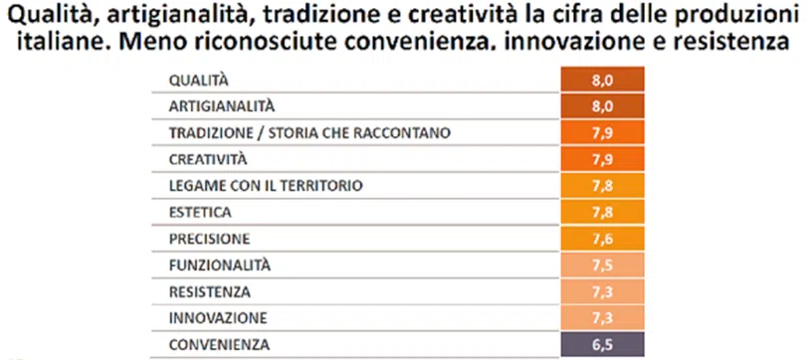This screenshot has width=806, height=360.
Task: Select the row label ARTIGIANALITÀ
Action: [x=222, y=106]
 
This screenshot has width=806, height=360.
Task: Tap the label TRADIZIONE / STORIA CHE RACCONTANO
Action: [x=309, y=133]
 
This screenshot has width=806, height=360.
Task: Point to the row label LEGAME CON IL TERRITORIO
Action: [x=266, y=185]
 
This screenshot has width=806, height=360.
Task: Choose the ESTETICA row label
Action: [x=200, y=212]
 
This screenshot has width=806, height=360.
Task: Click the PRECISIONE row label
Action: [x=209, y=239]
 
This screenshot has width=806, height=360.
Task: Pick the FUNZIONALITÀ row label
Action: [x=220, y=265]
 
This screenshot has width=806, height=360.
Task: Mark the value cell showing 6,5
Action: [x=602, y=345]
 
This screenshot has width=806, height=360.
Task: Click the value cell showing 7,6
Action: [x=602, y=239]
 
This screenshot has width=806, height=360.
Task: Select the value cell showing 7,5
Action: [x=602, y=265]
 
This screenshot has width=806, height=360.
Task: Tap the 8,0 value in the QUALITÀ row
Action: [x=602, y=80]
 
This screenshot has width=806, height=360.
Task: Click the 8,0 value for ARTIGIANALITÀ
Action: [x=602, y=106]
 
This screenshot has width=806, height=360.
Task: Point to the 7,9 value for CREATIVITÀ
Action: [x=602, y=159]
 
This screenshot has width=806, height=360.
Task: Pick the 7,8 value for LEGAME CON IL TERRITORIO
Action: [x=602, y=185]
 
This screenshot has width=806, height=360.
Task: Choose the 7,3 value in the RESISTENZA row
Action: [x=602, y=291]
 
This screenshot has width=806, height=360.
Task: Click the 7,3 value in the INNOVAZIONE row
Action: [x=602, y=318]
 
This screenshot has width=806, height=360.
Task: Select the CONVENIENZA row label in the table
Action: [x=219, y=345]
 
